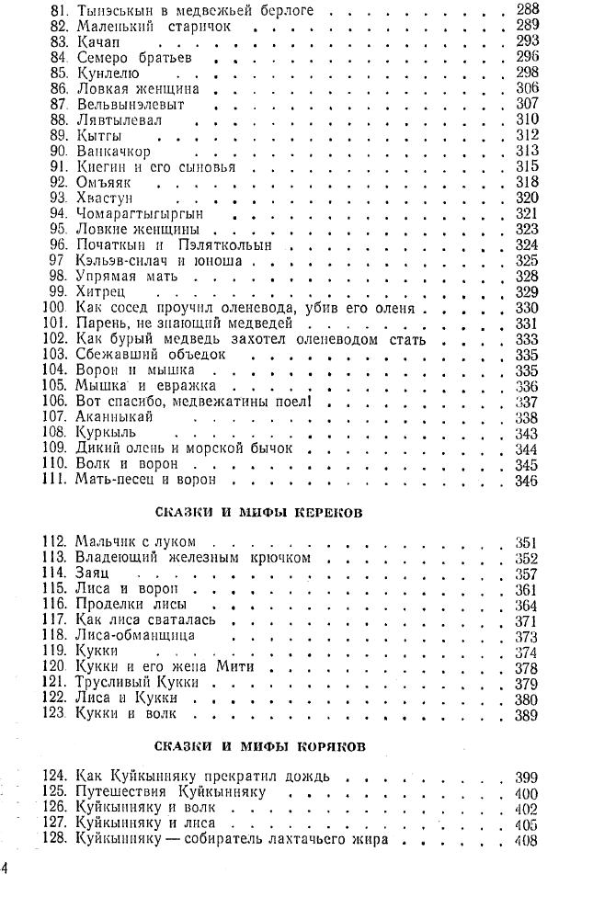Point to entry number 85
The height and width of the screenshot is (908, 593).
pyautogui.click(x=61, y=74)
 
